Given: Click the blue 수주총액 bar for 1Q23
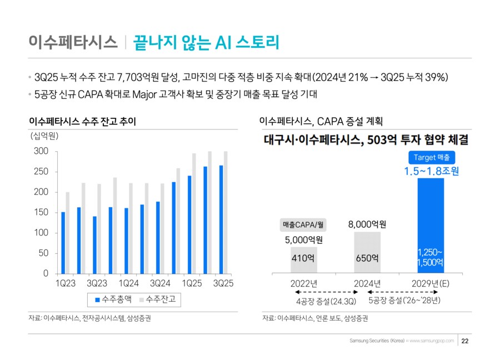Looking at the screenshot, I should pos(63,243).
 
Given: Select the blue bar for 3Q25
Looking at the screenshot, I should pos(221,219).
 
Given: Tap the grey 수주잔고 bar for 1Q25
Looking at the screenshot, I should pos(194,213).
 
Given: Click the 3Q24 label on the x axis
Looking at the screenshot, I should pos(159,284).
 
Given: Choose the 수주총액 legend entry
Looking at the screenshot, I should pos(113,299).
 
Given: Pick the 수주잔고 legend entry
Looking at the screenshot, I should pos(160,299).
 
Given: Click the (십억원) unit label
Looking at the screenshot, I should pos(44,136).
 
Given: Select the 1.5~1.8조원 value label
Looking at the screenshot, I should pos(432,172).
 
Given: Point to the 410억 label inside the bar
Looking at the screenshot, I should pos(304,258).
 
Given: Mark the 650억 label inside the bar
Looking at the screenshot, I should pos(367,258).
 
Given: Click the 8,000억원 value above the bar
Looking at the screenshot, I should pos(367,224).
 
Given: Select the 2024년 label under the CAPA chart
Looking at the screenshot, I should pos(367,283).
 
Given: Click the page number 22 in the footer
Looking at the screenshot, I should pos(466,341).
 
